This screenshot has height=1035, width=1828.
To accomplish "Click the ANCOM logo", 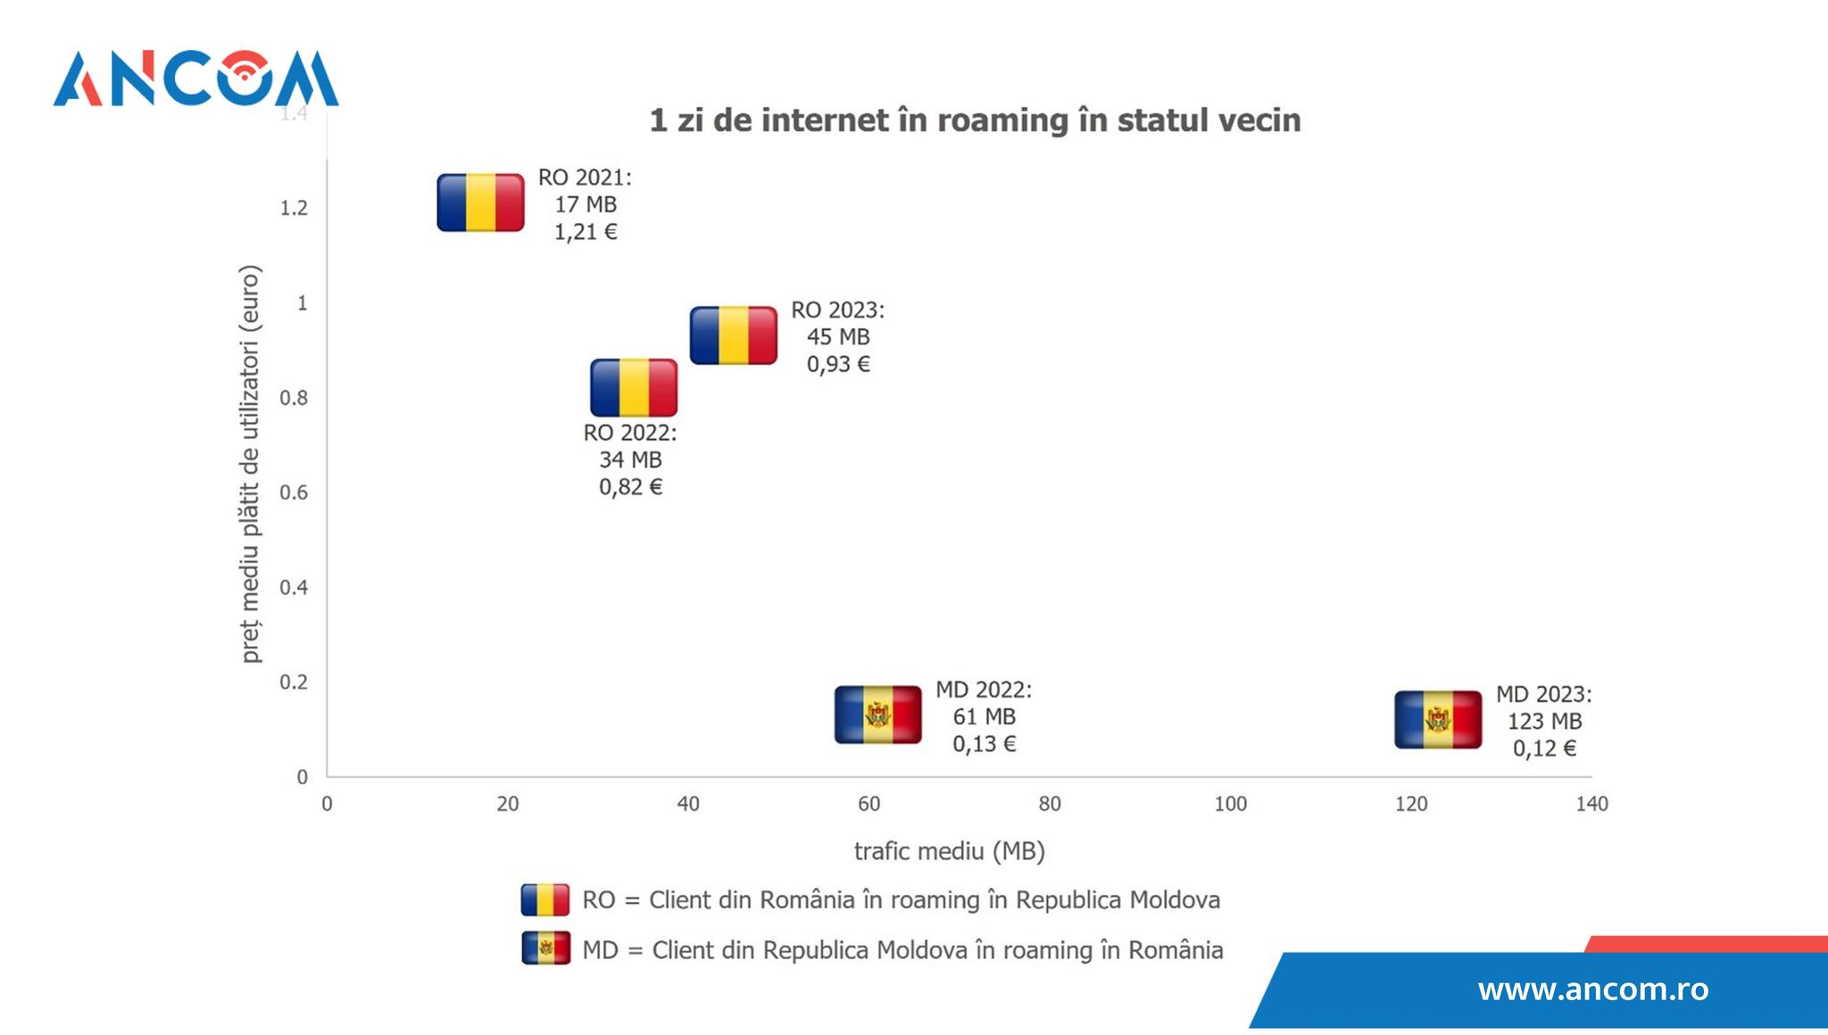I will (x=195, y=79).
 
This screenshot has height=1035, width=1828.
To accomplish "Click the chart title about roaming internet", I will (x=974, y=120).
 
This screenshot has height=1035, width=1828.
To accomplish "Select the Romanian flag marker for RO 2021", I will (x=480, y=203).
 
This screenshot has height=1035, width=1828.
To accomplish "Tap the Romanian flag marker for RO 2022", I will (x=634, y=387).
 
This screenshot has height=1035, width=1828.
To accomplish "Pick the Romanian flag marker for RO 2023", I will (x=734, y=335).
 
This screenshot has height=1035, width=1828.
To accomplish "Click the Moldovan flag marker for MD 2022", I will (x=878, y=715).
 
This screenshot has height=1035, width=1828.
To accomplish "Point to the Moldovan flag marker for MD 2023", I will (x=1438, y=719).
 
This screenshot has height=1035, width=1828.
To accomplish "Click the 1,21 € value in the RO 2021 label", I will (x=586, y=232).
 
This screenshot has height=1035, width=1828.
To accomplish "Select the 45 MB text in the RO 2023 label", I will (x=838, y=336).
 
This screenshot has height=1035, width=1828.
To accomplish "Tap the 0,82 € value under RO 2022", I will (x=630, y=487).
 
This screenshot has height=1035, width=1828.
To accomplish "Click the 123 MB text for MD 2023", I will (x=1544, y=721).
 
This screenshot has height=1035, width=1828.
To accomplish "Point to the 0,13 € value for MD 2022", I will (x=984, y=744).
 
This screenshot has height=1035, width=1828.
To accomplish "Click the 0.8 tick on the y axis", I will (x=294, y=398).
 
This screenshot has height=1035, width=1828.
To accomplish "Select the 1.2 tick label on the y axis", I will (x=294, y=208).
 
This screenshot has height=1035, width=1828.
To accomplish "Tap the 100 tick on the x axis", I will (x=1230, y=804).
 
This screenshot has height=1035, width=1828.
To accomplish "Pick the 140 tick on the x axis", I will (x=1591, y=804).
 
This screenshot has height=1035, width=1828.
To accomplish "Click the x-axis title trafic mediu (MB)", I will (x=949, y=851).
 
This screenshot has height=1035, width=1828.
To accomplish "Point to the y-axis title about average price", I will (x=251, y=464).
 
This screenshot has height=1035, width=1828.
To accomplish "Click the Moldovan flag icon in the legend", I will (x=545, y=948).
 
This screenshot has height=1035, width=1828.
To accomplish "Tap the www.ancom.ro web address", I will (x=1592, y=989).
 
